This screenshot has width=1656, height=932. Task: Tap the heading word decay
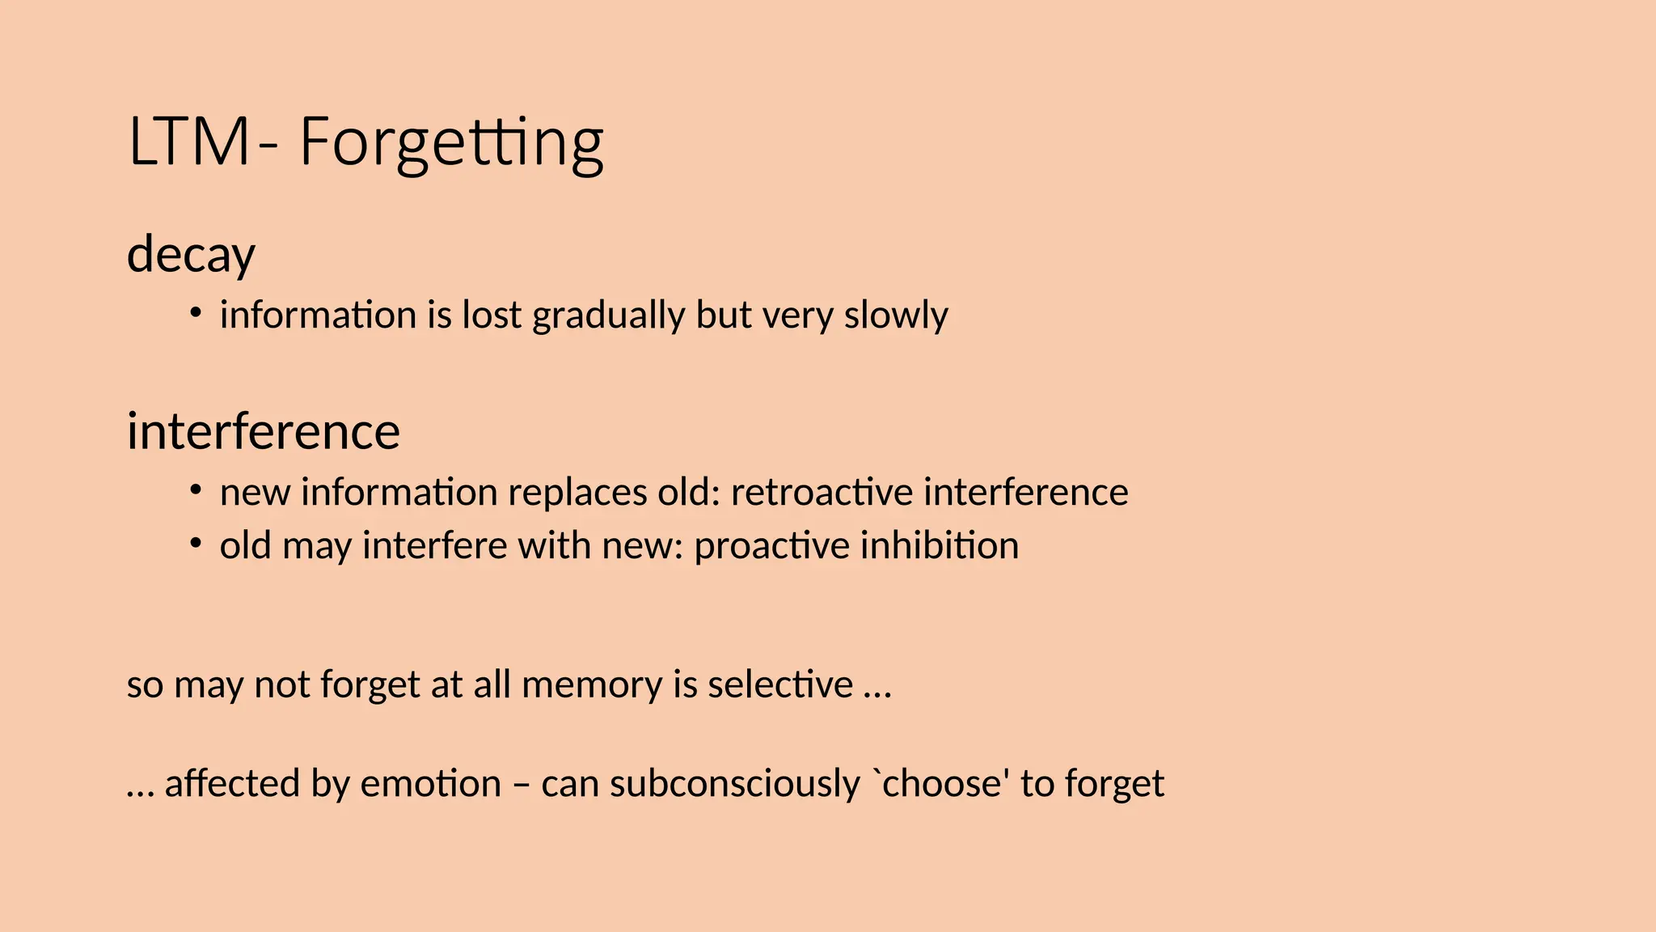click(x=191, y=254)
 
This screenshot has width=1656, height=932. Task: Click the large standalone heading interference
click(x=263, y=430)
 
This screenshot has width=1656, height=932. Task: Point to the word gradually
click(x=608, y=316)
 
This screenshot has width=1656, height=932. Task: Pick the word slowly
click(x=896, y=316)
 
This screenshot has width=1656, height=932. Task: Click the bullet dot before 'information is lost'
click(x=195, y=312)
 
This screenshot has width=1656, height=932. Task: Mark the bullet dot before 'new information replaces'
click(x=195, y=489)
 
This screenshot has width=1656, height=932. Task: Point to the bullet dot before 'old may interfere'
click(x=195, y=543)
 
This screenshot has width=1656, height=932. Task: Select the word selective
click(x=779, y=684)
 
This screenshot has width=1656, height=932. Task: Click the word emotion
click(x=430, y=783)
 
